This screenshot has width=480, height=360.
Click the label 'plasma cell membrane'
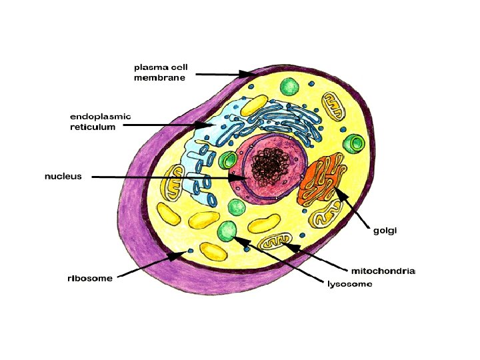click(160, 72)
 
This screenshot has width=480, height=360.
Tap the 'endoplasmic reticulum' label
click(101, 121)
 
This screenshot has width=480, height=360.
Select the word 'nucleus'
click(63, 177)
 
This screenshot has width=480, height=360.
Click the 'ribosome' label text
click(90, 279)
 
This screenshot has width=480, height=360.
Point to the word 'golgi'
click(384, 231)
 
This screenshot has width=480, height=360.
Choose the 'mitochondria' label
click(383, 271)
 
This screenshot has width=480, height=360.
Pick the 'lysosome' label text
click(349, 284)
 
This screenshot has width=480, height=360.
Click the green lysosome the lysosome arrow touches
click(227, 231)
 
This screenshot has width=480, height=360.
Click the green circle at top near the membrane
click(289, 87)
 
